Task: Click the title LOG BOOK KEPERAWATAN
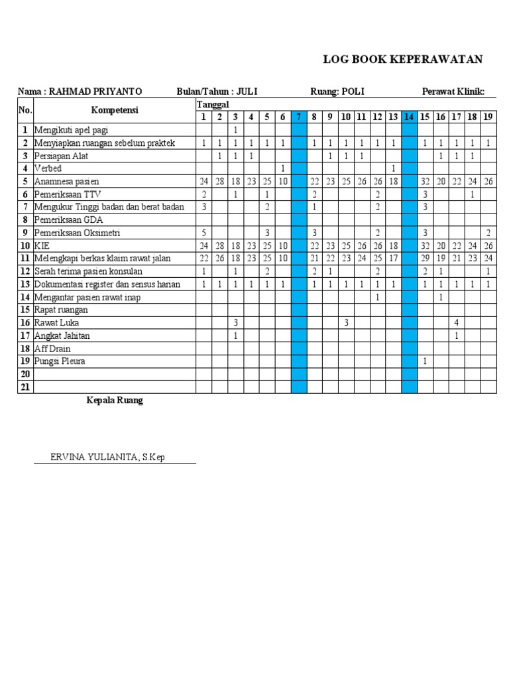pyautogui.click(x=402, y=60)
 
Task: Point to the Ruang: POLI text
pyautogui.click(x=337, y=92)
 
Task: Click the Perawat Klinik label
pyautogui.click(x=453, y=92)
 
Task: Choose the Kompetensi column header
pyautogui.click(x=114, y=110)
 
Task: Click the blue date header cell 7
pyautogui.click(x=298, y=117)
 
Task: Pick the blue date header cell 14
pyautogui.click(x=409, y=117)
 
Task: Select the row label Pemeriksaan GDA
pyautogui.click(x=69, y=220)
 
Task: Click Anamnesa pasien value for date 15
pyautogui.click(x=425, y=182)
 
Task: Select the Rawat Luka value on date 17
pyautogui.click(x=457, y=323)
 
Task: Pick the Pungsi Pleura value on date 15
pyautogui.click(x=425, y=362)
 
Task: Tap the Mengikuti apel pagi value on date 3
pyautogui.click(x=235, y=130)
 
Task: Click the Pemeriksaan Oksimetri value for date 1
pyautogui.click(x=203, y=233)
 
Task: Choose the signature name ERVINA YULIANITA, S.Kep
pyautogui.click(x=108, y=458)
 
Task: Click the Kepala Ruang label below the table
pyautogui.click(x=115, y=401)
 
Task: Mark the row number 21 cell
pyautogui.click(x=25, y=387)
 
